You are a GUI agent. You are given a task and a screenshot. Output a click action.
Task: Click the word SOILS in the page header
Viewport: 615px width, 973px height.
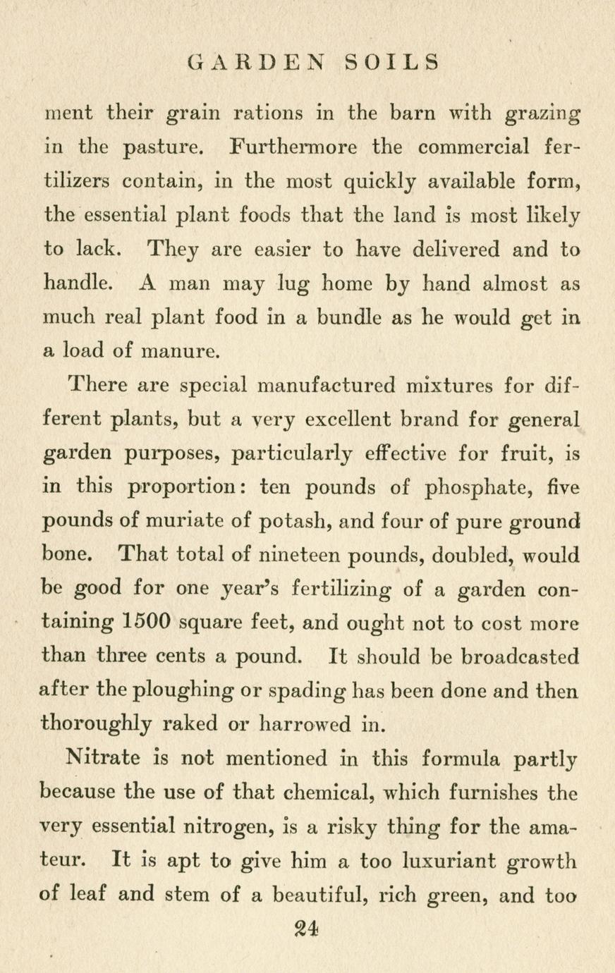click(392, 62)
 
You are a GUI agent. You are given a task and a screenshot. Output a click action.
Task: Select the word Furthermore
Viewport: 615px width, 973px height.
click(293, 147)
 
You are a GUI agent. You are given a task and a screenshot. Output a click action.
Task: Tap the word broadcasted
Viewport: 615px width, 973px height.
click(520, 656)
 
